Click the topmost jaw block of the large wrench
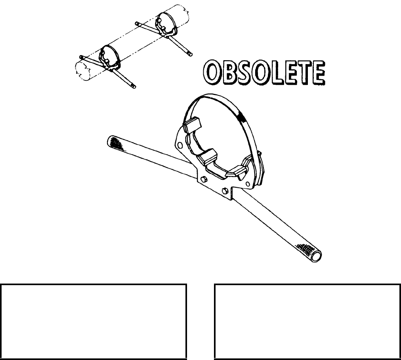click(x=193, y=126)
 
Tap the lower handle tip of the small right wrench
click(x=190, y=53)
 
